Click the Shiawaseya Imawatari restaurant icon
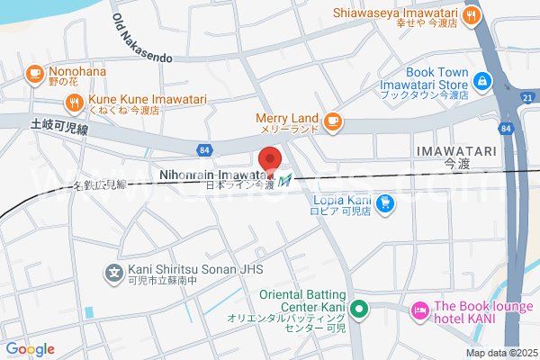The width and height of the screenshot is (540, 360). pyautogui.click(x=471, y=14)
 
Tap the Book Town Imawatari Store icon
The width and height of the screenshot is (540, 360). pyautogui.click(x=482, y=81)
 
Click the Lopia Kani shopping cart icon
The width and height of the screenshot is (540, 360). pyautogui.click(x=385, y=203)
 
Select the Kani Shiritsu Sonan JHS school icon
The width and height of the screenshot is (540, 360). pyautogui.click(x=114, y=270)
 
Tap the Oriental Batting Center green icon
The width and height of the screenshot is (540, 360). pyautogui.click(x=359, y=311)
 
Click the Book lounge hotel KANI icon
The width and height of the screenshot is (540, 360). pyautogui.click(x=419, y=311)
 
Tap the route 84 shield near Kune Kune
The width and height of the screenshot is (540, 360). pyautogui.click(x=205, y=148)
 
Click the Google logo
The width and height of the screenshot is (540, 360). pyautogui.click(x=30, y=349)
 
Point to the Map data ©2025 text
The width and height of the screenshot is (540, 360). pyautogui.click(x=499, y=353)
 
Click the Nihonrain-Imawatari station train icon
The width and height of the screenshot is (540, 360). pyautogui.click(x=285, y=181)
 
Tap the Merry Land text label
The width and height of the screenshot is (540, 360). pyautogui.click(x=287, y=117)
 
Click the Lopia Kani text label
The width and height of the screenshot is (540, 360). pyautogui.click(x=343, y=202)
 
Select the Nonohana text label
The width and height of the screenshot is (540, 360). pyautogui.click(x=78, y=71)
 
